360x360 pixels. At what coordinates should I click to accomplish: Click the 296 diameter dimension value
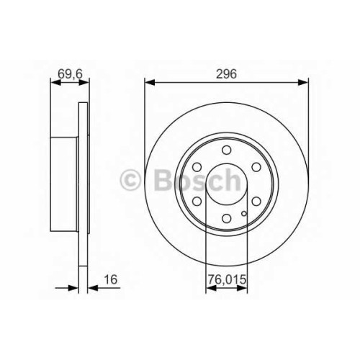pyautogui.click(x=226, y=73)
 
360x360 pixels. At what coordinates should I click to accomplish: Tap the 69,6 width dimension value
pyautogui.click(x=70, y=73)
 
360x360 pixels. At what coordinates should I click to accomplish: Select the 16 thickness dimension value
pyautogui.click(x=110, y=279)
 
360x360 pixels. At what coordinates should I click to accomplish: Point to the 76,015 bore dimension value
pyautogui.click(x=227, y=279)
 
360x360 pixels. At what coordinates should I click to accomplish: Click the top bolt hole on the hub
pyautogui.click(x=226, y=150)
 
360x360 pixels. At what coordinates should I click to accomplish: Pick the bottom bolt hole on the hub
pyautogui.click(x=226, y=218)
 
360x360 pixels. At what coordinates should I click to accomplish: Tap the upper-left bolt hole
pyautogui.click(x=197, y=167)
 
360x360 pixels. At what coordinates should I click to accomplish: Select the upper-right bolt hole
pyautogui.click(x=256, y=167)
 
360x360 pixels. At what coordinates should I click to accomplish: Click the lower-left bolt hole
pyautogui.click(x=197, y=202)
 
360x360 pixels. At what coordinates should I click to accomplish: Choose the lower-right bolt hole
pyautogui.click(x=256, y=202)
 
